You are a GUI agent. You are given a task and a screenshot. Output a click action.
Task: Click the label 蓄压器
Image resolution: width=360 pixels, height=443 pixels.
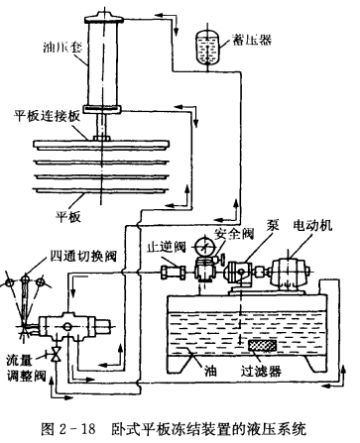pyautogui.click(x=252, y=40)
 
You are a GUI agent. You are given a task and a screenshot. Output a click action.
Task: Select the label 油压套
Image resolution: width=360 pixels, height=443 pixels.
pyautogui.click(x=62, y=48)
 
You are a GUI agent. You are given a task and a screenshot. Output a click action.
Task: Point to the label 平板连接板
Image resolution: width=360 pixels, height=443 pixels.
pyautogui.click(x=47, y=116)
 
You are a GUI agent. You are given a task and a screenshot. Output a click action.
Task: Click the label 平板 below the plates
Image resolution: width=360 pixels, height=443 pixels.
pyautogui.click(x=68, y=217)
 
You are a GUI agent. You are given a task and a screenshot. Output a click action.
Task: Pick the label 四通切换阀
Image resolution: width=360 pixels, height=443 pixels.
pyautogui.click(x=83, y=256)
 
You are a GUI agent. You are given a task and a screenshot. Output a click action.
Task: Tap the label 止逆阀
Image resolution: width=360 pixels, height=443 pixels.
pyautogui.click(x=167, y=247)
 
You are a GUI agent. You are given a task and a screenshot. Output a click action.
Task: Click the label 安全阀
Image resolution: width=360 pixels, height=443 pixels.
pyautogui.click(x=234, y=234)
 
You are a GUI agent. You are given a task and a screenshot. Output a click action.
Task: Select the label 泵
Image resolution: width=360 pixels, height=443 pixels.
pyautogui.click(x=273, y=225)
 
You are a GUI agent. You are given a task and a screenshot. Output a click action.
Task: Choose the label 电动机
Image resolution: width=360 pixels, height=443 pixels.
pyautogui.click(x=312, y=225)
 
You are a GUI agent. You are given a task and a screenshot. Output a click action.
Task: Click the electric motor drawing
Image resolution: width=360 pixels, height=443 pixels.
pyautogui.click(x=290, y=272)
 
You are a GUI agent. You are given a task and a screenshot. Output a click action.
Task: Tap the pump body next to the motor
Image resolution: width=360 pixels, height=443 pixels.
pyautogui.click(x=240, y=273)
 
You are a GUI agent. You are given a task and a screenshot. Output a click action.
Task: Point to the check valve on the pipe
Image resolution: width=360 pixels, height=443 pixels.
pyautogui.click(x=173, y=273)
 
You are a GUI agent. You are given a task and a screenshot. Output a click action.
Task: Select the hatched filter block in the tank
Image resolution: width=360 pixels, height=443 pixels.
pyautogui.click(x=263, y=346)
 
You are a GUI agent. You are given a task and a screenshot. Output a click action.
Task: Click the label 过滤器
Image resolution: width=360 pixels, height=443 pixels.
pyautogui.click(x=261, y=372)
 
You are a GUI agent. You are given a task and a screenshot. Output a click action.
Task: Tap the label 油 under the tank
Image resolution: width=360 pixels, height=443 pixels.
pyautogui.click(x=210, y=372)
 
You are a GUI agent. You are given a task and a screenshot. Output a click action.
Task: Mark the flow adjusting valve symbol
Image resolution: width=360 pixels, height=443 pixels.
pyautogui.click(x=57, y=355)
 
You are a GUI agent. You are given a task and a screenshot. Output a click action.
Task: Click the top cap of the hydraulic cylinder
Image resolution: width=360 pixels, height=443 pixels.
pyautogui.click(x=104, y=18)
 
